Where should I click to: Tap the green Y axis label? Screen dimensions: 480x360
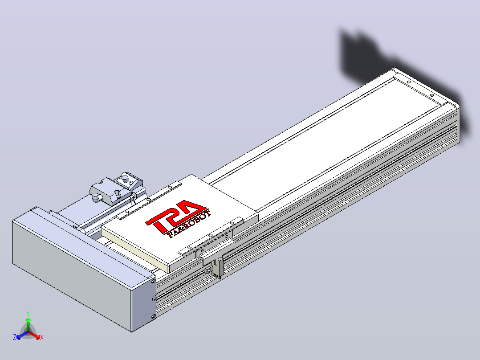(28, 313)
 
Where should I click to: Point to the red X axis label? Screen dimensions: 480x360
(42, 337)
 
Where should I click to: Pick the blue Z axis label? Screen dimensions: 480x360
(14, 337)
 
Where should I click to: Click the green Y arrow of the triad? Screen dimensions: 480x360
(28, 324)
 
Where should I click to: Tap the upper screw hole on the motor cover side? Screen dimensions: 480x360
(154, 280)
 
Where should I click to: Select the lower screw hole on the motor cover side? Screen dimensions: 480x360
(154, 317)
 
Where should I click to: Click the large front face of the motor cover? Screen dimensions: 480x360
(72, 276)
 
